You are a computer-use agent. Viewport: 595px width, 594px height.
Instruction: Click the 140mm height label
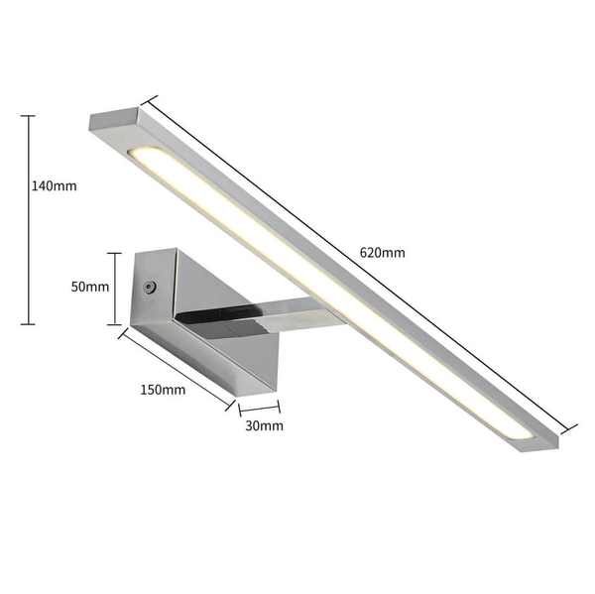[54, 185]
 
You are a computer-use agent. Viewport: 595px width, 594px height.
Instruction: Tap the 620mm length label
[382, 252]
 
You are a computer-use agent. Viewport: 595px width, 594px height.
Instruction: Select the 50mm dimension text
[90, 287]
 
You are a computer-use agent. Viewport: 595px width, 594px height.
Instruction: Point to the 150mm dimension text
[163, 389]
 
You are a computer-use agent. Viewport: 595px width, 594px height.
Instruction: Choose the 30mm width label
[264, 425]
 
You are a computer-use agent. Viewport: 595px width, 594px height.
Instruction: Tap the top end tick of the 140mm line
[28, 116]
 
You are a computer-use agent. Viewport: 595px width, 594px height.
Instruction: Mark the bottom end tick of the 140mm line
[28, 324]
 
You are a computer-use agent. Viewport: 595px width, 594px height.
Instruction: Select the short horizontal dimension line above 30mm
[259, 407]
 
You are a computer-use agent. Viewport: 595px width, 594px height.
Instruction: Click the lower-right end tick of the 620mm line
[568, 427]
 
